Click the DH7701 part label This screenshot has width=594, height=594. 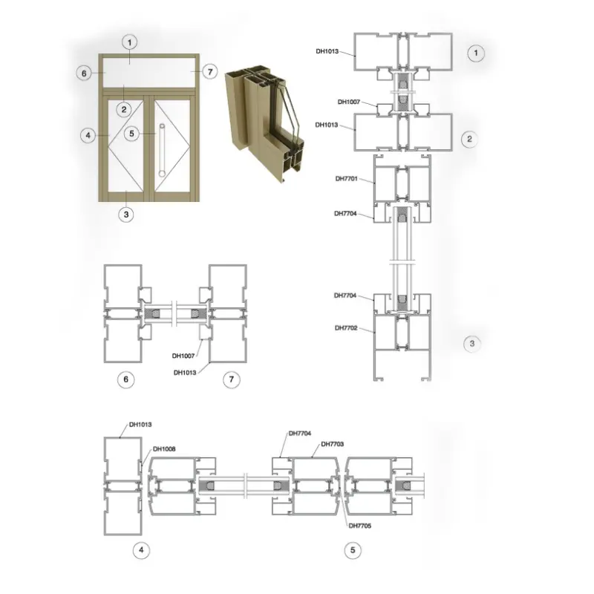[346, 179]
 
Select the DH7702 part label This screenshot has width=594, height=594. [346, 328]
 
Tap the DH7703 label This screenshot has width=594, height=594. [332, 444]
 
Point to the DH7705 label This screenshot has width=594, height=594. [360, 526]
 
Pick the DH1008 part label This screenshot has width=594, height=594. [164, 449]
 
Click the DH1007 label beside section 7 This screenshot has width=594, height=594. [183, 356]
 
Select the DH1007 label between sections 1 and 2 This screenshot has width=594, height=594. [349, 102]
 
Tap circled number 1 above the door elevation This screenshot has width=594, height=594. [129, 42]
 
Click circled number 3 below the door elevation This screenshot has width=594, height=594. [126, 215]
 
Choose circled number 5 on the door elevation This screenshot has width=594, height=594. [132, 134]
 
